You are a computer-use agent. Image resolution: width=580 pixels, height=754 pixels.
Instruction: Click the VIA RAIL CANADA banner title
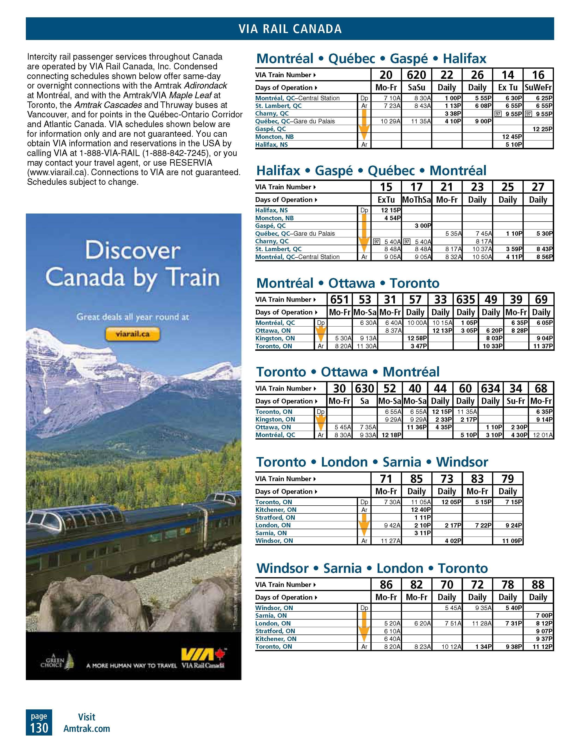tap(290, 29)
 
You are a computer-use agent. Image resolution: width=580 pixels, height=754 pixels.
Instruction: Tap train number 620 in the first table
tap(416, 75)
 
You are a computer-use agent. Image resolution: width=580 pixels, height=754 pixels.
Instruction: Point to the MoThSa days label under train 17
tap(416, 200)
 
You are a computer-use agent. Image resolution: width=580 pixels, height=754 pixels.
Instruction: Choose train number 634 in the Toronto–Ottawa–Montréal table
tap(490, 388)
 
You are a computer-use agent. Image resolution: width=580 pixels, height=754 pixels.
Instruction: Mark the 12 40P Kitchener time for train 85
tap(421, 510)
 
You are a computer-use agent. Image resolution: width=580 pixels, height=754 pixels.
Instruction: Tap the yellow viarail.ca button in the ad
tap(133, 334)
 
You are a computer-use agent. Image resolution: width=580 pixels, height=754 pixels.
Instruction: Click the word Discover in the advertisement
tap(133, 251)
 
